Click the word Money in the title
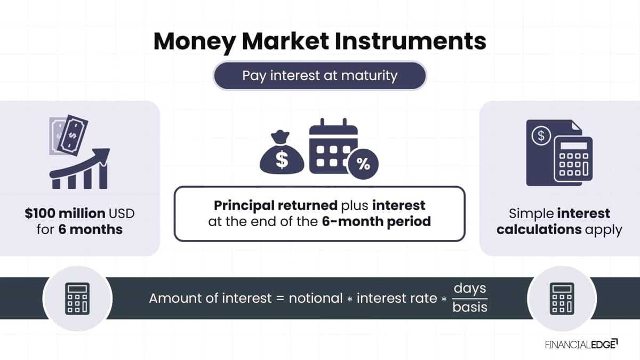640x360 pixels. click(x=195, y=42)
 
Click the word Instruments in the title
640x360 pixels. click(x=411, y=41)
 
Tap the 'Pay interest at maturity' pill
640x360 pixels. click(x=319, y=76)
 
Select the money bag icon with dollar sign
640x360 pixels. click(x=282, y=152)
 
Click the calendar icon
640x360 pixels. click(x=333, y=146)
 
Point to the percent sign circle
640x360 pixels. click(x=363, y=164)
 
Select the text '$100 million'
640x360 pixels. click(x=65, y=213)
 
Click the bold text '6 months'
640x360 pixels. click(x=91, y=229)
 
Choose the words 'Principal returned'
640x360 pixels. click(x=276, y=205)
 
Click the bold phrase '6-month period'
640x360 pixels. click(x=377, y=222)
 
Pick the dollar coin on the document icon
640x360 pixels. click(x=541, y=135)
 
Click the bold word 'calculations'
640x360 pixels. click(x=539, y=229)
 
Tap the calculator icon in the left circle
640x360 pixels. click(x=77, y=299)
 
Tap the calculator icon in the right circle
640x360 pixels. click(x=562, y=299)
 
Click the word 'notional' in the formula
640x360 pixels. click(x=316, y=299)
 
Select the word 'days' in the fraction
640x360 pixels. click(x=470, y=289)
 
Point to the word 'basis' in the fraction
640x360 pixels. click(x=470, y=307)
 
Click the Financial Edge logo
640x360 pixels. click(x=581, y=345)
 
